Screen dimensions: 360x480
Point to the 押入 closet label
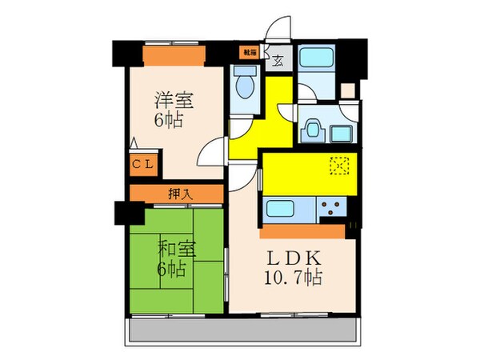click(180, 194)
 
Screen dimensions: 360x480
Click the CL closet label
click(145, 166)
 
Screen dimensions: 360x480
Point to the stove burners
click(331, 210)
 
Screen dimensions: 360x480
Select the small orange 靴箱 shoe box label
click(249, 52)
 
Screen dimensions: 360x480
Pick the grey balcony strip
click(240, 330)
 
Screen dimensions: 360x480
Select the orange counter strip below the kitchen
click(304, 232)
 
